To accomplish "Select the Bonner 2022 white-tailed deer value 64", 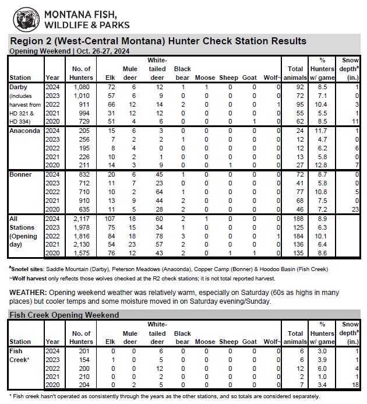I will (x=157, y=191).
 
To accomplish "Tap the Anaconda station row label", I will (x=25, y=131).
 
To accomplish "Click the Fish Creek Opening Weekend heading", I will (x=65, y=315).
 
